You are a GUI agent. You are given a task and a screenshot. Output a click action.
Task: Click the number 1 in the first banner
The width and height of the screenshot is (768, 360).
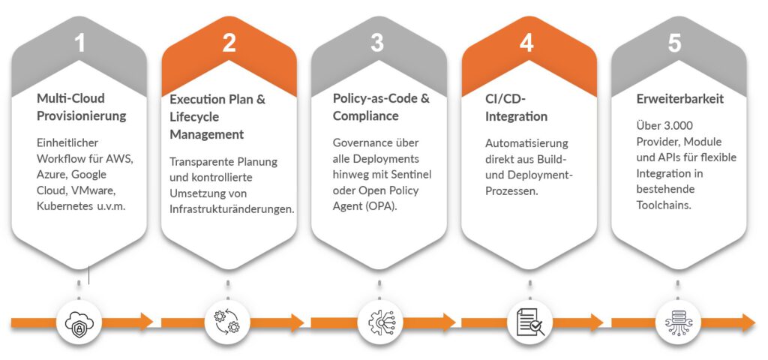pyautogui.click(x=79, y=43)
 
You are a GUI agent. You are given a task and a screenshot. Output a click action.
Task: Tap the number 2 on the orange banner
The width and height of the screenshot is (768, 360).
pyautogui.click(x=229, y=43)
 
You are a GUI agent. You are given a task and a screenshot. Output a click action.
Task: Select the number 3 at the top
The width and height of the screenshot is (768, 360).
pyautogui.click(x=377, y=43)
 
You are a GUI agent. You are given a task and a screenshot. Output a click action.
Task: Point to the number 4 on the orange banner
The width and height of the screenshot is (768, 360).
pyautogui.click(x=527, y=43)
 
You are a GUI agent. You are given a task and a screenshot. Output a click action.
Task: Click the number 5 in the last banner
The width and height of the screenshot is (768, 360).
pyautogui.click(x=675, y=43)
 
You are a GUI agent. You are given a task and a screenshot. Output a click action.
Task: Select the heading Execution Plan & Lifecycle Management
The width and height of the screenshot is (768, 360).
pyautogui.click(x=217, y=117)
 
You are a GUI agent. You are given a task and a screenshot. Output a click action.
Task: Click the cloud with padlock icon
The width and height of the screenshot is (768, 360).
pyautogui.click(x=79, y=323)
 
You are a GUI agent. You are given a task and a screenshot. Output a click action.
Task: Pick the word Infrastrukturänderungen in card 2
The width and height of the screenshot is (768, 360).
pyautogui.click(x=229, y=208)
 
